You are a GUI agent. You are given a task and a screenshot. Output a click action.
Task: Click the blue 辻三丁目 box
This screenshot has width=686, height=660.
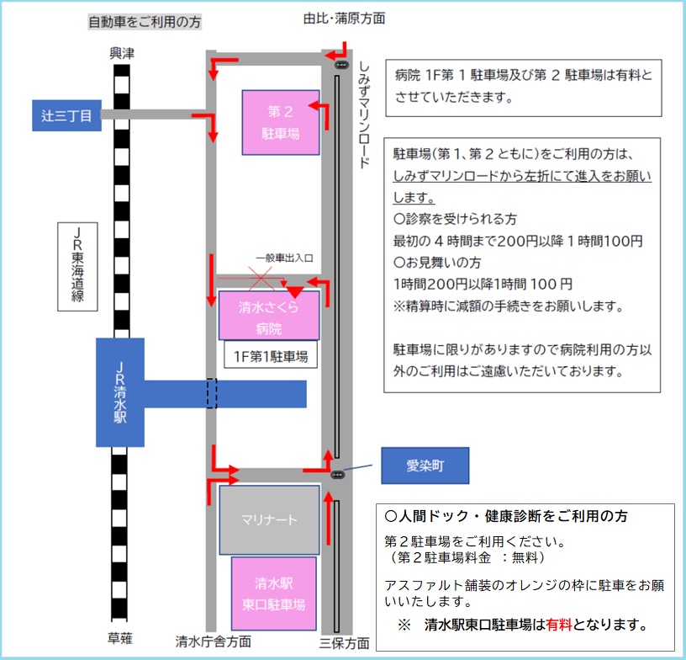(x=66, y=115)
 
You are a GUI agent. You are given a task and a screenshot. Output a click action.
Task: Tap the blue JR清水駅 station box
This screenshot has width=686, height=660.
(x=120, y=392)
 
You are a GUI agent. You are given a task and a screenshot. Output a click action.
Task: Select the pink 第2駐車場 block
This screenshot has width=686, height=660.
(x=281, y=123)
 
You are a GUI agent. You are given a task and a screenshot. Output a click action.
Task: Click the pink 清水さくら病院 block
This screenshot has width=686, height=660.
(x=269, y=316)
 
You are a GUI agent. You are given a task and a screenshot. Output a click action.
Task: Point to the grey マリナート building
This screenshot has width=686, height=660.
(x=269, y=520)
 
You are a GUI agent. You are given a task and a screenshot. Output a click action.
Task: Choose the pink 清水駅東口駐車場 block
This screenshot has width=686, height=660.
(x=273, y=593)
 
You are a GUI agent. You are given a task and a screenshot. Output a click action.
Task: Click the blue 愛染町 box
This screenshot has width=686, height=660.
(x=425, y=466)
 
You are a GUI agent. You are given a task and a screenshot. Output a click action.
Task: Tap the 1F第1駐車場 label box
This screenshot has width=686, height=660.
(x=271, y=356)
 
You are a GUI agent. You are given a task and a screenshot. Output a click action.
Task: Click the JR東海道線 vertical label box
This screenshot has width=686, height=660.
(x=77, y=267)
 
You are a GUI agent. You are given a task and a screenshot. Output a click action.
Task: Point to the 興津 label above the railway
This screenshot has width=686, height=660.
(x=122, y=53)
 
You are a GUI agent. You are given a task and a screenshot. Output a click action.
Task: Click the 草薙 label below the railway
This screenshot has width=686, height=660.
(x=120, y=638)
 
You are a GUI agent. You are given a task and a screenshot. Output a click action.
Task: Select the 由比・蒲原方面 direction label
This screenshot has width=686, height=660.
(x=345, y=19)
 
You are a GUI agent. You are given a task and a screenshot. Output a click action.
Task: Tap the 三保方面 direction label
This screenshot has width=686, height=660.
(x=345, y=643)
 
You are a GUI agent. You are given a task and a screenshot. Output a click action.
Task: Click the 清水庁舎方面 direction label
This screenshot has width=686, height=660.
(x=214, y=641)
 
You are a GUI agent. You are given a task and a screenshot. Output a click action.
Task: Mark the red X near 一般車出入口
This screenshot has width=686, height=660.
(x=261, y=279)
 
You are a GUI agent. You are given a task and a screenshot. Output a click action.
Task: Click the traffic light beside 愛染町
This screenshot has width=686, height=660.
(x=337, y=475)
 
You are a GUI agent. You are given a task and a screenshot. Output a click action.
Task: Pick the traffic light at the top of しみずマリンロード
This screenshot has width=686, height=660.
(x=341, y=66)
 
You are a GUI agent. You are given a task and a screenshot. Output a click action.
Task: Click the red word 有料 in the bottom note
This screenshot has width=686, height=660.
(x=559, y=625)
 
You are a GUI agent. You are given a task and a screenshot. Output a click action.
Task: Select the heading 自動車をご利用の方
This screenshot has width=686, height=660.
(x=145, y=22)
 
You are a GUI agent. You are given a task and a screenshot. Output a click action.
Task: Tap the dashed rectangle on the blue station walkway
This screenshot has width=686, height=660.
(x=212, y=393)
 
